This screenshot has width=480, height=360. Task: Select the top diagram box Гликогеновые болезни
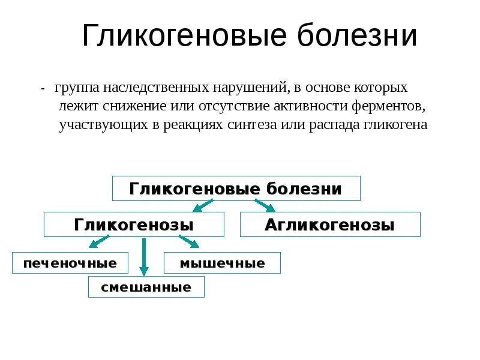(x=236, y=188)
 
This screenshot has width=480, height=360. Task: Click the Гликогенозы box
(x=134, y=224)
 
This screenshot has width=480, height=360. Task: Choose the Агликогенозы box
(x=330, y=224)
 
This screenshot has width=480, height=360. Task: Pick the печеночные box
(x=70, y=263)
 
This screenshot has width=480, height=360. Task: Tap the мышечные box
(x=222, y=263)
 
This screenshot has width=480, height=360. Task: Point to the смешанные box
(x=146, y=287)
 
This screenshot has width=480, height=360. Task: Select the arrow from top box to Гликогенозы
(x=203, y=206)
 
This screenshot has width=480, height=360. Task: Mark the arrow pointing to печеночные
(x=99, y=242)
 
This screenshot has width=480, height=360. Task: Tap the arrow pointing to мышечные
(x=188, y=242)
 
